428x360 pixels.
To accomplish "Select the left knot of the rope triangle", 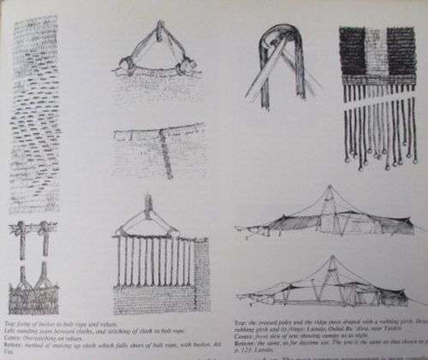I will tap(124, 64).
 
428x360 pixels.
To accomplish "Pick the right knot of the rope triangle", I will tap(181, 63).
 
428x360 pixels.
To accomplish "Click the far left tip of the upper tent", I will tap(236, 228).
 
